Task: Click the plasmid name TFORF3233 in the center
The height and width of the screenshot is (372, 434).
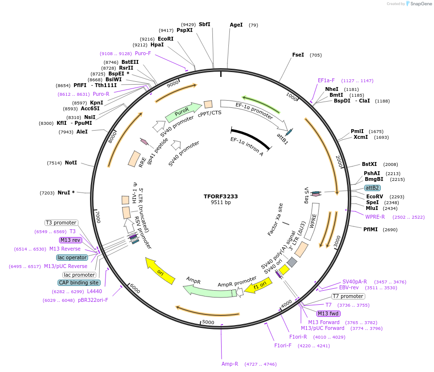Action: pos(221,196)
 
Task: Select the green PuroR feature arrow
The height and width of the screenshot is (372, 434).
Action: pos(183,112)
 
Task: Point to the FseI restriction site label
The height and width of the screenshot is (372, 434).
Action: pos(298,55)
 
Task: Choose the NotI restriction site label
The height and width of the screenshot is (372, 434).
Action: pos(71,163)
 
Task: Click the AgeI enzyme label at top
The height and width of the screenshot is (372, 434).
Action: pos(236,25)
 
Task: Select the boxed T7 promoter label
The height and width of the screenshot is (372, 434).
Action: pos(348,296)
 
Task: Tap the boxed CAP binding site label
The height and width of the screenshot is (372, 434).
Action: pos(79,283)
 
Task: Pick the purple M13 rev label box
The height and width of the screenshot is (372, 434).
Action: pos(71,240)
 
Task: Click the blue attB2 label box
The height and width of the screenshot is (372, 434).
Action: pos(372,188)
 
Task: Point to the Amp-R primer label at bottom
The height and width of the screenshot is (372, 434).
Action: pos(230,364)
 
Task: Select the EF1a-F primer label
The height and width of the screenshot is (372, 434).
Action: pos(326,80)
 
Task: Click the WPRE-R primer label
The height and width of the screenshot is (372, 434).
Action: pos(375,217)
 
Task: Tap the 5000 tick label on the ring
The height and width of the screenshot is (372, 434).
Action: pos(208,322)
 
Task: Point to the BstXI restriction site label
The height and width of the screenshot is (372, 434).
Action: pos(369,164)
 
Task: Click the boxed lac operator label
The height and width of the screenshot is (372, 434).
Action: pos(72,257)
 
